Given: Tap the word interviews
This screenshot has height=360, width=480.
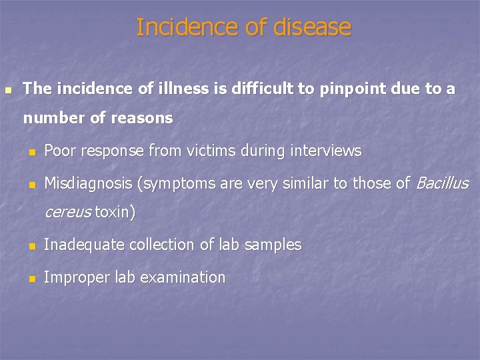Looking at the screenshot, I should (x=325, y=151).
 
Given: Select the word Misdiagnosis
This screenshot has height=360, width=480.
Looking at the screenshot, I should (x=87, y=183).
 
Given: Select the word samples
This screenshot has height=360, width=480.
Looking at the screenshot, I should (x=273, y=245).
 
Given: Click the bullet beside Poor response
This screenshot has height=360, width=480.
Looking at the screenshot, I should (x=31, y=153).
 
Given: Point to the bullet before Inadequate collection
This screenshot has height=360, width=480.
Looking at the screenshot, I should (x=31, y=247).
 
